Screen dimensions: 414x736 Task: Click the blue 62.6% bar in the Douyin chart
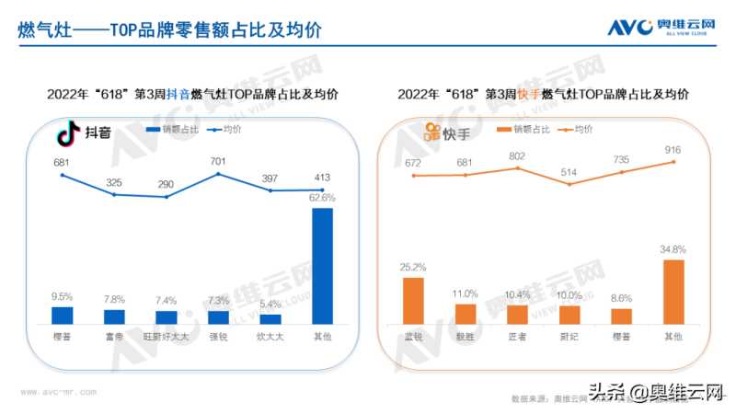[x=322, y=266]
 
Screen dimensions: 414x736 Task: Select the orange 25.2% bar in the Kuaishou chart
[x=414, y=301]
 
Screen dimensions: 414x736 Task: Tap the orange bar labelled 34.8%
[x=673, y=292]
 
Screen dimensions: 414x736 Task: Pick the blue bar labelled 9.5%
[x=62, y=316]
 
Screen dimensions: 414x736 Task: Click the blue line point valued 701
[x=218, y=175]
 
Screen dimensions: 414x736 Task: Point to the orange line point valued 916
[x=673, y=162]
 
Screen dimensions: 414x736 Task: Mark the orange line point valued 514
[x=569, y=184]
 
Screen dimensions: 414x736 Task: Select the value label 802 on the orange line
[x=517, y=155]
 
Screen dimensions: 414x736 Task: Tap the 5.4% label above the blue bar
[x=270, y=305]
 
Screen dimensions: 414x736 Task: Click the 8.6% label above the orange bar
[x=622, y=299]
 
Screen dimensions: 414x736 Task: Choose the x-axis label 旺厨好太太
[x=166, y=338]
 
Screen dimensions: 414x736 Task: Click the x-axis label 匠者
[x=517, y=338]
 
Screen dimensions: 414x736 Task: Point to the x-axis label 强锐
[x=218, y=338]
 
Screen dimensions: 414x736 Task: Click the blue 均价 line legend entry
[x=218, y=130]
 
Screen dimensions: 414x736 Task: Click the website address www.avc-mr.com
[x=58, y=391]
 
